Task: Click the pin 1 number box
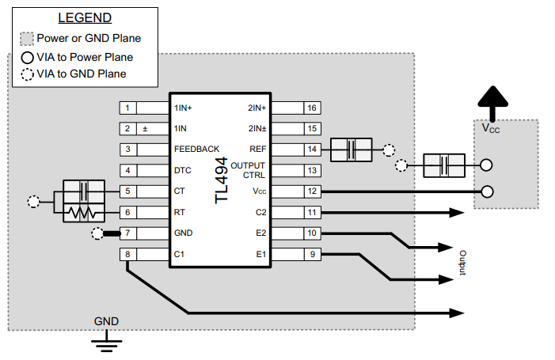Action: (127, 108)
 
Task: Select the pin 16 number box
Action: (312, 108)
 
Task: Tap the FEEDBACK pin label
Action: (196, 150)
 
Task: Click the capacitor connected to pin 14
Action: (350, 150)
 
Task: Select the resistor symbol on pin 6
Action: (84, 213)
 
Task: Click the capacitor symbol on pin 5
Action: (84, 191)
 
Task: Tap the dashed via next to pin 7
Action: (97, 233)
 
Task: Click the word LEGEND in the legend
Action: (85, 17)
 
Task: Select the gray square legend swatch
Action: (27, 38)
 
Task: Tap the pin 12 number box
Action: (312, 191)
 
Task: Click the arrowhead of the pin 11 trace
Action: (458, 213)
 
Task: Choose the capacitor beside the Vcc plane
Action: (444, 165)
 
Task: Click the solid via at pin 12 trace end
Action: (487, 191)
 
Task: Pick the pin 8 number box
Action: (127, 255)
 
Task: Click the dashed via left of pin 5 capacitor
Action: (33, 202)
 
